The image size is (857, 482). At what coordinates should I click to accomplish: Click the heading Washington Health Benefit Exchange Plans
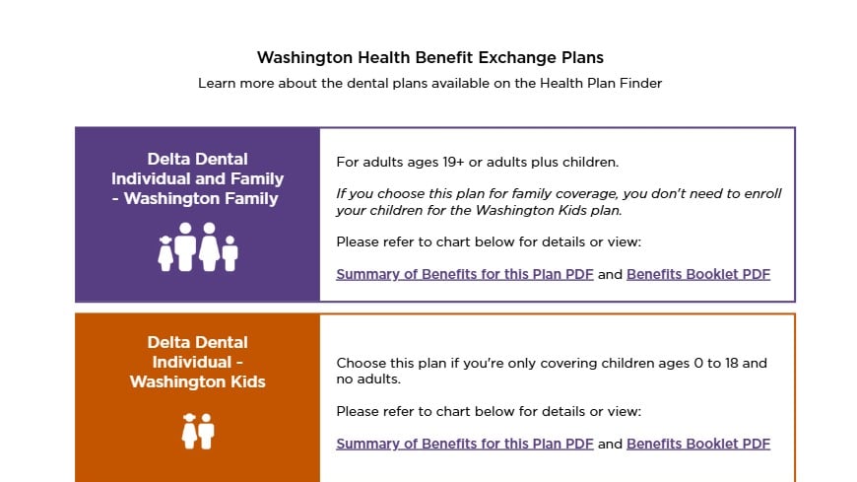point(430,57)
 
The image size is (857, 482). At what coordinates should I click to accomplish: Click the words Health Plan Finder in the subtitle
point(601,83)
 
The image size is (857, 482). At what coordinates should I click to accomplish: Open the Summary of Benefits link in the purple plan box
point(465,274)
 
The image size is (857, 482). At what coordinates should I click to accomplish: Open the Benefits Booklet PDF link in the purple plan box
point(698,274)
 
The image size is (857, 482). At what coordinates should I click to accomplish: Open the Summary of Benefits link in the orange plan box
point(465,444)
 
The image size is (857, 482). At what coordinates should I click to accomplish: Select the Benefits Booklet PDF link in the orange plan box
point(698,444)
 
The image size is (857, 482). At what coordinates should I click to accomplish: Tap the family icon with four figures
point(198,246)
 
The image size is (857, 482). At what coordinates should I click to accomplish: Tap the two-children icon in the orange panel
point(198,431)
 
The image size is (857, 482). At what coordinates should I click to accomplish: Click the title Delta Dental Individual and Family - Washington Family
point(197,179)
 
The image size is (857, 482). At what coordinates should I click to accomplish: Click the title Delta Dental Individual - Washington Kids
point(197,362)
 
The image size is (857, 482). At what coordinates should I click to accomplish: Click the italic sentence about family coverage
point(559,202)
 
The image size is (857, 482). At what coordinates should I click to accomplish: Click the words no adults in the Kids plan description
point(366,379)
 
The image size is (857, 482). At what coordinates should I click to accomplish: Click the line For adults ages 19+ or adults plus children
point(477,163)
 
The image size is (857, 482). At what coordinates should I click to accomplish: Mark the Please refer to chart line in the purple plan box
point(489,241)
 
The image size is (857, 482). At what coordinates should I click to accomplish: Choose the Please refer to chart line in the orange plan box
point(489,411)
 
